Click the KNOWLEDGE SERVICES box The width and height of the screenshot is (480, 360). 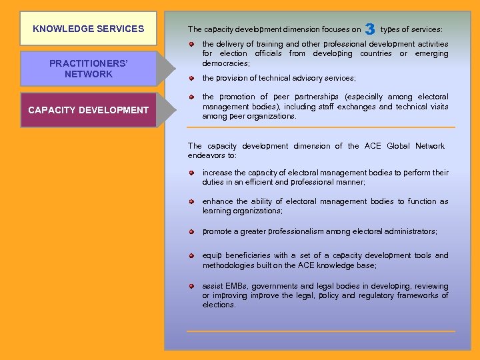click(89, 29)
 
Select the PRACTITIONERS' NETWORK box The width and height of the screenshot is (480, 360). click(89, 69)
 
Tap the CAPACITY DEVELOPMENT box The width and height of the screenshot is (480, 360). click(89, 110)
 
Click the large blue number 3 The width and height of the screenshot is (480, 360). click(370, 29)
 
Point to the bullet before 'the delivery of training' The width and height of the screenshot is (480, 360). click(191, 45)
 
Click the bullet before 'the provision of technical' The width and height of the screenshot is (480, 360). click(191, 78)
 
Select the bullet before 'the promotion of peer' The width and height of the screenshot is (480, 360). click(191, 97)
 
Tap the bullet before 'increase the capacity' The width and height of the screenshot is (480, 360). click(191, 173)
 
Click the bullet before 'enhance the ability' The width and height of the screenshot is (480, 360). click(191, 201)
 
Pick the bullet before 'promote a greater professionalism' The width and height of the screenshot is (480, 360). click(191, 231)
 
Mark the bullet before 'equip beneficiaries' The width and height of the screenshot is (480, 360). click(191, 255)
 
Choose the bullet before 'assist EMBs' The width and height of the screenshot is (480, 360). click(191, 285)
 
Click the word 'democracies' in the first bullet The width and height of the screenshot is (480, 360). click(226, 63)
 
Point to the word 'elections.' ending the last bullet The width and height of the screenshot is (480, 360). click(219, 305)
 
